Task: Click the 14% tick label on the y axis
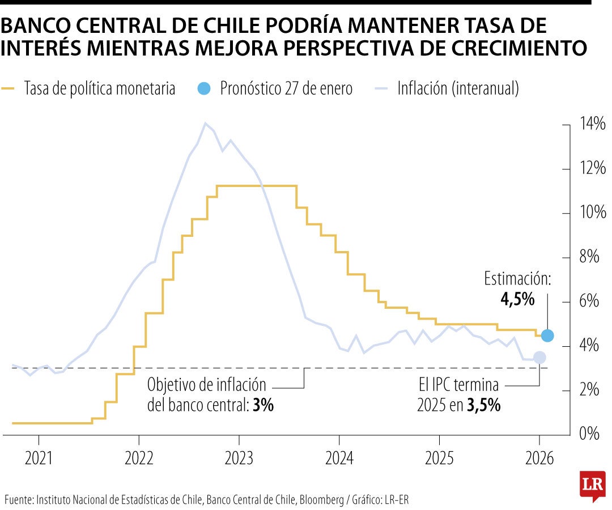pyautogui.click(x=593, y=125)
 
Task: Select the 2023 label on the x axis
pyautogui.click(x=239, y=458)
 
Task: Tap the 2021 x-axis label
pyautogui.click(x=39, y=458)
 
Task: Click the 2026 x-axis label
pyautogui.click(x=539, y=458)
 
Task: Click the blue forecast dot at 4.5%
pyautogui.click(x=547, y=335)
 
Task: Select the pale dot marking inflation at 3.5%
pyautogui.click(x=539, y=358)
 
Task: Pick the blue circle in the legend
pyautogui.click(x=205, y=88)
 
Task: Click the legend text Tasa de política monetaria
pyautogui.click(x=100, y=89)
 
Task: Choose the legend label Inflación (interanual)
pyautogui.click(x=458, y=89)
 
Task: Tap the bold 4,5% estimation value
pyautogui.click(x=517, y=300)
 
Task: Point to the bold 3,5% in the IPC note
pyautogui.click(x=483, y=406)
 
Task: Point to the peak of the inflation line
pyautogui.click(x=205, y=123)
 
